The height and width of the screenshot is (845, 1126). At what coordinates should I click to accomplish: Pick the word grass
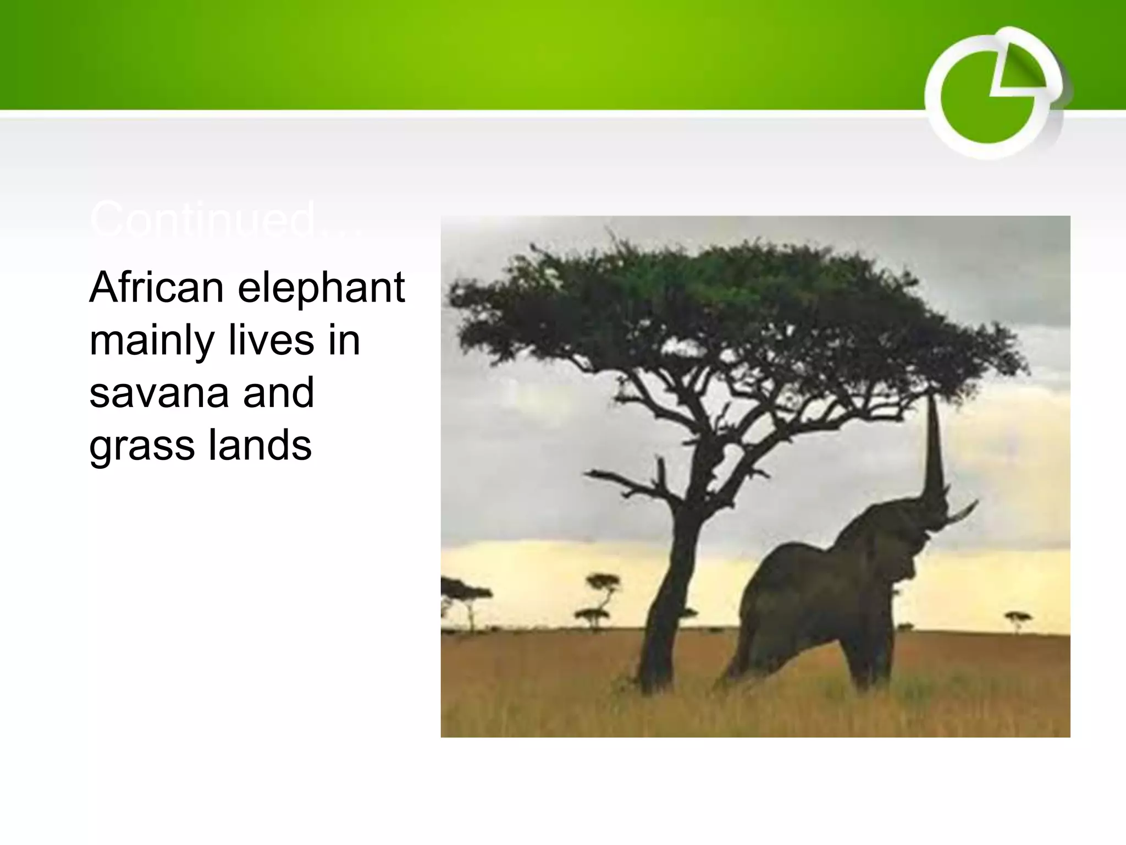click(142, 446)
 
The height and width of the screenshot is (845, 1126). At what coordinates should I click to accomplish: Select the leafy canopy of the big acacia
click(731, 297)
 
